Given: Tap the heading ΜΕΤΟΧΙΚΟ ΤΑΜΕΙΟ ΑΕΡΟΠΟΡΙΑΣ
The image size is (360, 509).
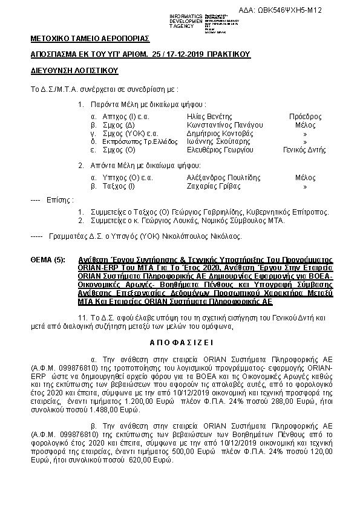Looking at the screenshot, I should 90,39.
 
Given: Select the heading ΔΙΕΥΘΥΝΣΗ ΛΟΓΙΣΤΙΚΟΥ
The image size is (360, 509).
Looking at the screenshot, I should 73,71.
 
